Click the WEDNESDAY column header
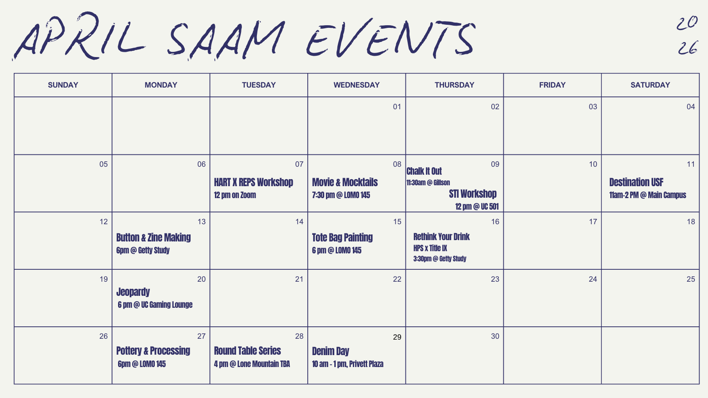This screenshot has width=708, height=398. point(356,85)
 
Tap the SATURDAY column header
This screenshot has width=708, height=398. point(650,85)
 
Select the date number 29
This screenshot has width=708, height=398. point(397,337)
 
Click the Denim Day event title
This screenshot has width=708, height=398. point(330,351)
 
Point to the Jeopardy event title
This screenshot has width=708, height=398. point(133,292)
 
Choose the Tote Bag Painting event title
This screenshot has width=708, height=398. point(342,237)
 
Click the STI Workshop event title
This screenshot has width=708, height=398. point(473,194)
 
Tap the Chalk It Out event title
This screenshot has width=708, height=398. point(424,171)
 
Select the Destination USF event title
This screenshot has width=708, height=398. point(636,182)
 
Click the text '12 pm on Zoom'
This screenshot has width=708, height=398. point(235,195)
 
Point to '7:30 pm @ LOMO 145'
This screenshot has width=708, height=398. point(341,195)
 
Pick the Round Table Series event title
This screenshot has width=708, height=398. point(248,351)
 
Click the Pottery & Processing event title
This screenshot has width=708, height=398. point(153,351)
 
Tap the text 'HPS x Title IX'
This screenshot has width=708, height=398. point(430,248)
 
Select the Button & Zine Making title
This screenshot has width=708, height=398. point(153,237)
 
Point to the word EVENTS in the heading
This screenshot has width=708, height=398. point(391,38)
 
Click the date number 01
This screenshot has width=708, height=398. point(397,107)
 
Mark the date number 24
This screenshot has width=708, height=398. point(593,279)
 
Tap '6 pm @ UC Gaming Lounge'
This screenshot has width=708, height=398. point(155,305)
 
